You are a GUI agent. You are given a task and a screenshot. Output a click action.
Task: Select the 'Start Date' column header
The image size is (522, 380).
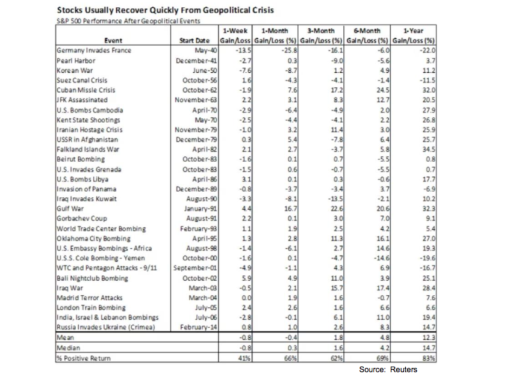(194, 40)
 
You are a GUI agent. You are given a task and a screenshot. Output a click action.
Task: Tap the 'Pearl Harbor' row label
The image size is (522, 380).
(76, 61)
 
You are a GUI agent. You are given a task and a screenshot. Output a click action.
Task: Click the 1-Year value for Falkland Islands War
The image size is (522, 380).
(429, 149)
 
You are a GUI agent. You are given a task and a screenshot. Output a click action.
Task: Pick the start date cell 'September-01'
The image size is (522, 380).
(194, 268)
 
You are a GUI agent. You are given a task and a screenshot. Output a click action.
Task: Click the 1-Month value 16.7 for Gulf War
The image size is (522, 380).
(291, 209)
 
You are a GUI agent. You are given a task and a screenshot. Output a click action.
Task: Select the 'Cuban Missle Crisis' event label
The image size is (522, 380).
(86, 90)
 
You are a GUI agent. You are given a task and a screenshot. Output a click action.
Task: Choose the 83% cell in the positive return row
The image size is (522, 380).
(429, 358)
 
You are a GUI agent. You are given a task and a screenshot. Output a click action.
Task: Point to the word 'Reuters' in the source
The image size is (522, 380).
(403, 369)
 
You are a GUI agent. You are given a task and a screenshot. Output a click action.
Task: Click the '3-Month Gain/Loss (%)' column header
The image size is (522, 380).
(321, 35)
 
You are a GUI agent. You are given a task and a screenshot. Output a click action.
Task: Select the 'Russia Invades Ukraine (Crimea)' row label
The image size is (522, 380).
(106, 327)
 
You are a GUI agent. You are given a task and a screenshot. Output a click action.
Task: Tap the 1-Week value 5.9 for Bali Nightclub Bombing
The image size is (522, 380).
(247, 278)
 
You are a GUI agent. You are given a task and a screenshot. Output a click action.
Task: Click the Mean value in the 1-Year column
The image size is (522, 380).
(429, 337)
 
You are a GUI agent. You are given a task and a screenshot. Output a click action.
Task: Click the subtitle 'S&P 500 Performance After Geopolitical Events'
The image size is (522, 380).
(128, 21)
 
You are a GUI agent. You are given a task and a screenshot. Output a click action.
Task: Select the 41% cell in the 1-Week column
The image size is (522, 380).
(244, 358)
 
